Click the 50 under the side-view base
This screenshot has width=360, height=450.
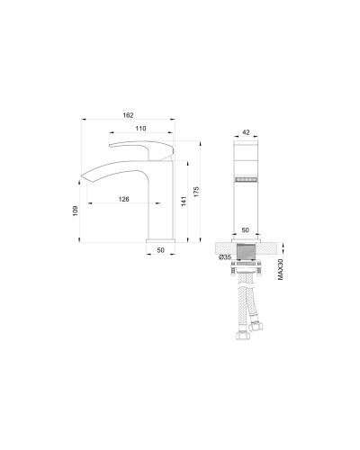pos(161,252)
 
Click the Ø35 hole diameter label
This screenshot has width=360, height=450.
pos(225,257)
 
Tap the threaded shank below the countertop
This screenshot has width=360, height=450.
pos(246,256)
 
